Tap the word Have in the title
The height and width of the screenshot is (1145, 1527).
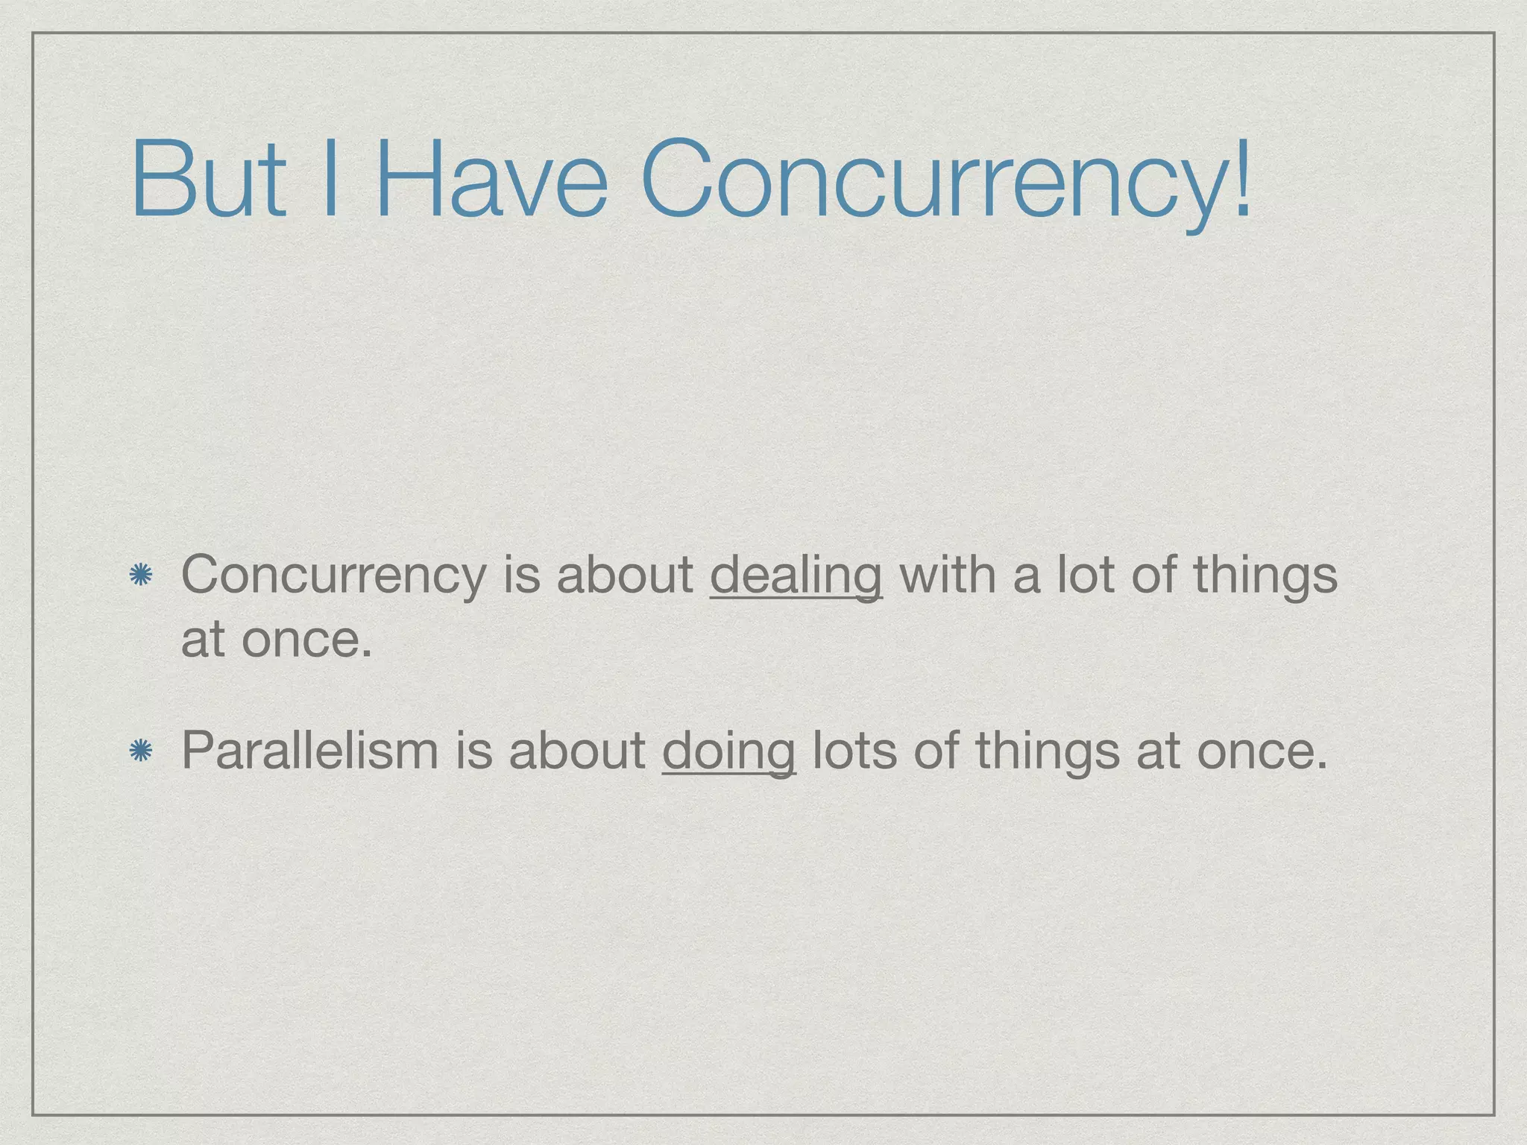pyautogui.click(x=491, y=179)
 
